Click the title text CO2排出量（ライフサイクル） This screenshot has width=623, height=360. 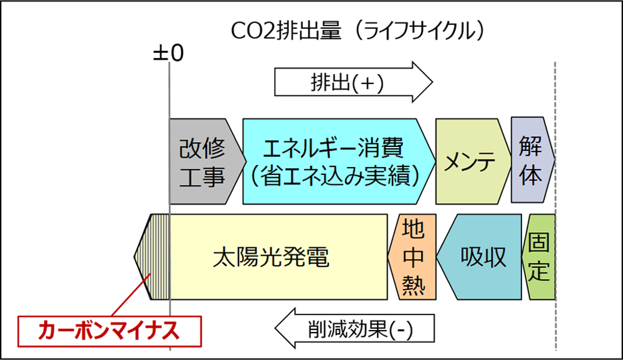click(358, 31)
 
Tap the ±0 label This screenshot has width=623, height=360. click(168, 53)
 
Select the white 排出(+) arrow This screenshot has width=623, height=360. click(354, 82)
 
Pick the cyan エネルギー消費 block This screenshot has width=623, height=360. click(339, 161)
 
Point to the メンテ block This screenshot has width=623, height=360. click(473, 161)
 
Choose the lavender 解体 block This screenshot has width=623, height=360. click(533, 159)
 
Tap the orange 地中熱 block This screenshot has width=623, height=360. click(412, 257)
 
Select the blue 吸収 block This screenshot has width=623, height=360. click(479, 257)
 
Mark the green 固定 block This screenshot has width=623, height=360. click(538, 257)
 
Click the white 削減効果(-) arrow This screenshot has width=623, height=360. click(354, 328)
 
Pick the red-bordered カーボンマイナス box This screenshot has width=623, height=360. click(109, 331)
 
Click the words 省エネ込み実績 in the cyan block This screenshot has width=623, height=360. click(335, 176)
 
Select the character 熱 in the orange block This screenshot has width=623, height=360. click(413, 285)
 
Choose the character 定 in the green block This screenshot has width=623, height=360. click(539, 271)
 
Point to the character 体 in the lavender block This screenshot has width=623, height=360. click(530, 175)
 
